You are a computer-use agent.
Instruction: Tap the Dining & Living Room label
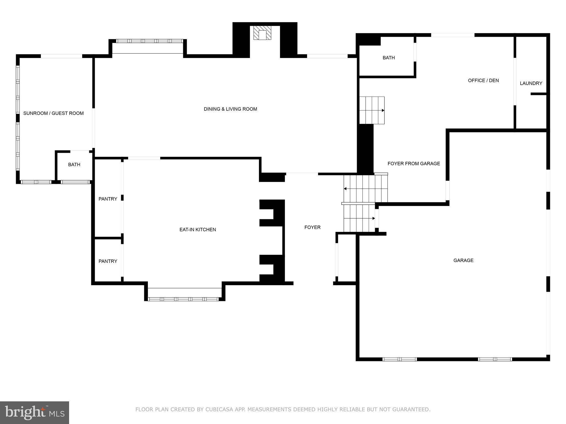[230, 109]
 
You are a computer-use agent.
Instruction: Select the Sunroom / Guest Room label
[53, 113]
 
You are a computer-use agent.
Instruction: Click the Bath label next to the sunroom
[74, 165]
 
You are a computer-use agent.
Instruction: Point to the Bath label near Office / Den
[389, 58]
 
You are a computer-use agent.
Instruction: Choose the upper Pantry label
[108, 199]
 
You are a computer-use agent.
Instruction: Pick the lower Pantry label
[108, 261]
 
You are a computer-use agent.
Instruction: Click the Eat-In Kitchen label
[198, 229]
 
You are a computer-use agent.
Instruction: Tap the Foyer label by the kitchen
[312, 227]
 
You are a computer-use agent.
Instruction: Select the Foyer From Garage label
[414, 163]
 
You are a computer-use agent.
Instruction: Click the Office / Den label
[483, 80]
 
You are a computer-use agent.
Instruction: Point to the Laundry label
[531, 83]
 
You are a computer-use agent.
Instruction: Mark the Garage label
[463, 260]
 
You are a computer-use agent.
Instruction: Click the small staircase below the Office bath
[372, 110]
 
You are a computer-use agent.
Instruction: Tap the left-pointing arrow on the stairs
[345, 189]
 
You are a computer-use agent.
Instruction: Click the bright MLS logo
[35, 412]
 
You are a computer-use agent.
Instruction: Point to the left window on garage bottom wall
[400, 359]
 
